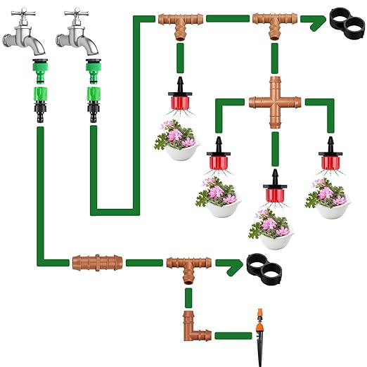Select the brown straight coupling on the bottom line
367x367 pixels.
[x=91, y=264]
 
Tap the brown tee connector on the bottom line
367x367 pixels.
[x=188, y=265]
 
